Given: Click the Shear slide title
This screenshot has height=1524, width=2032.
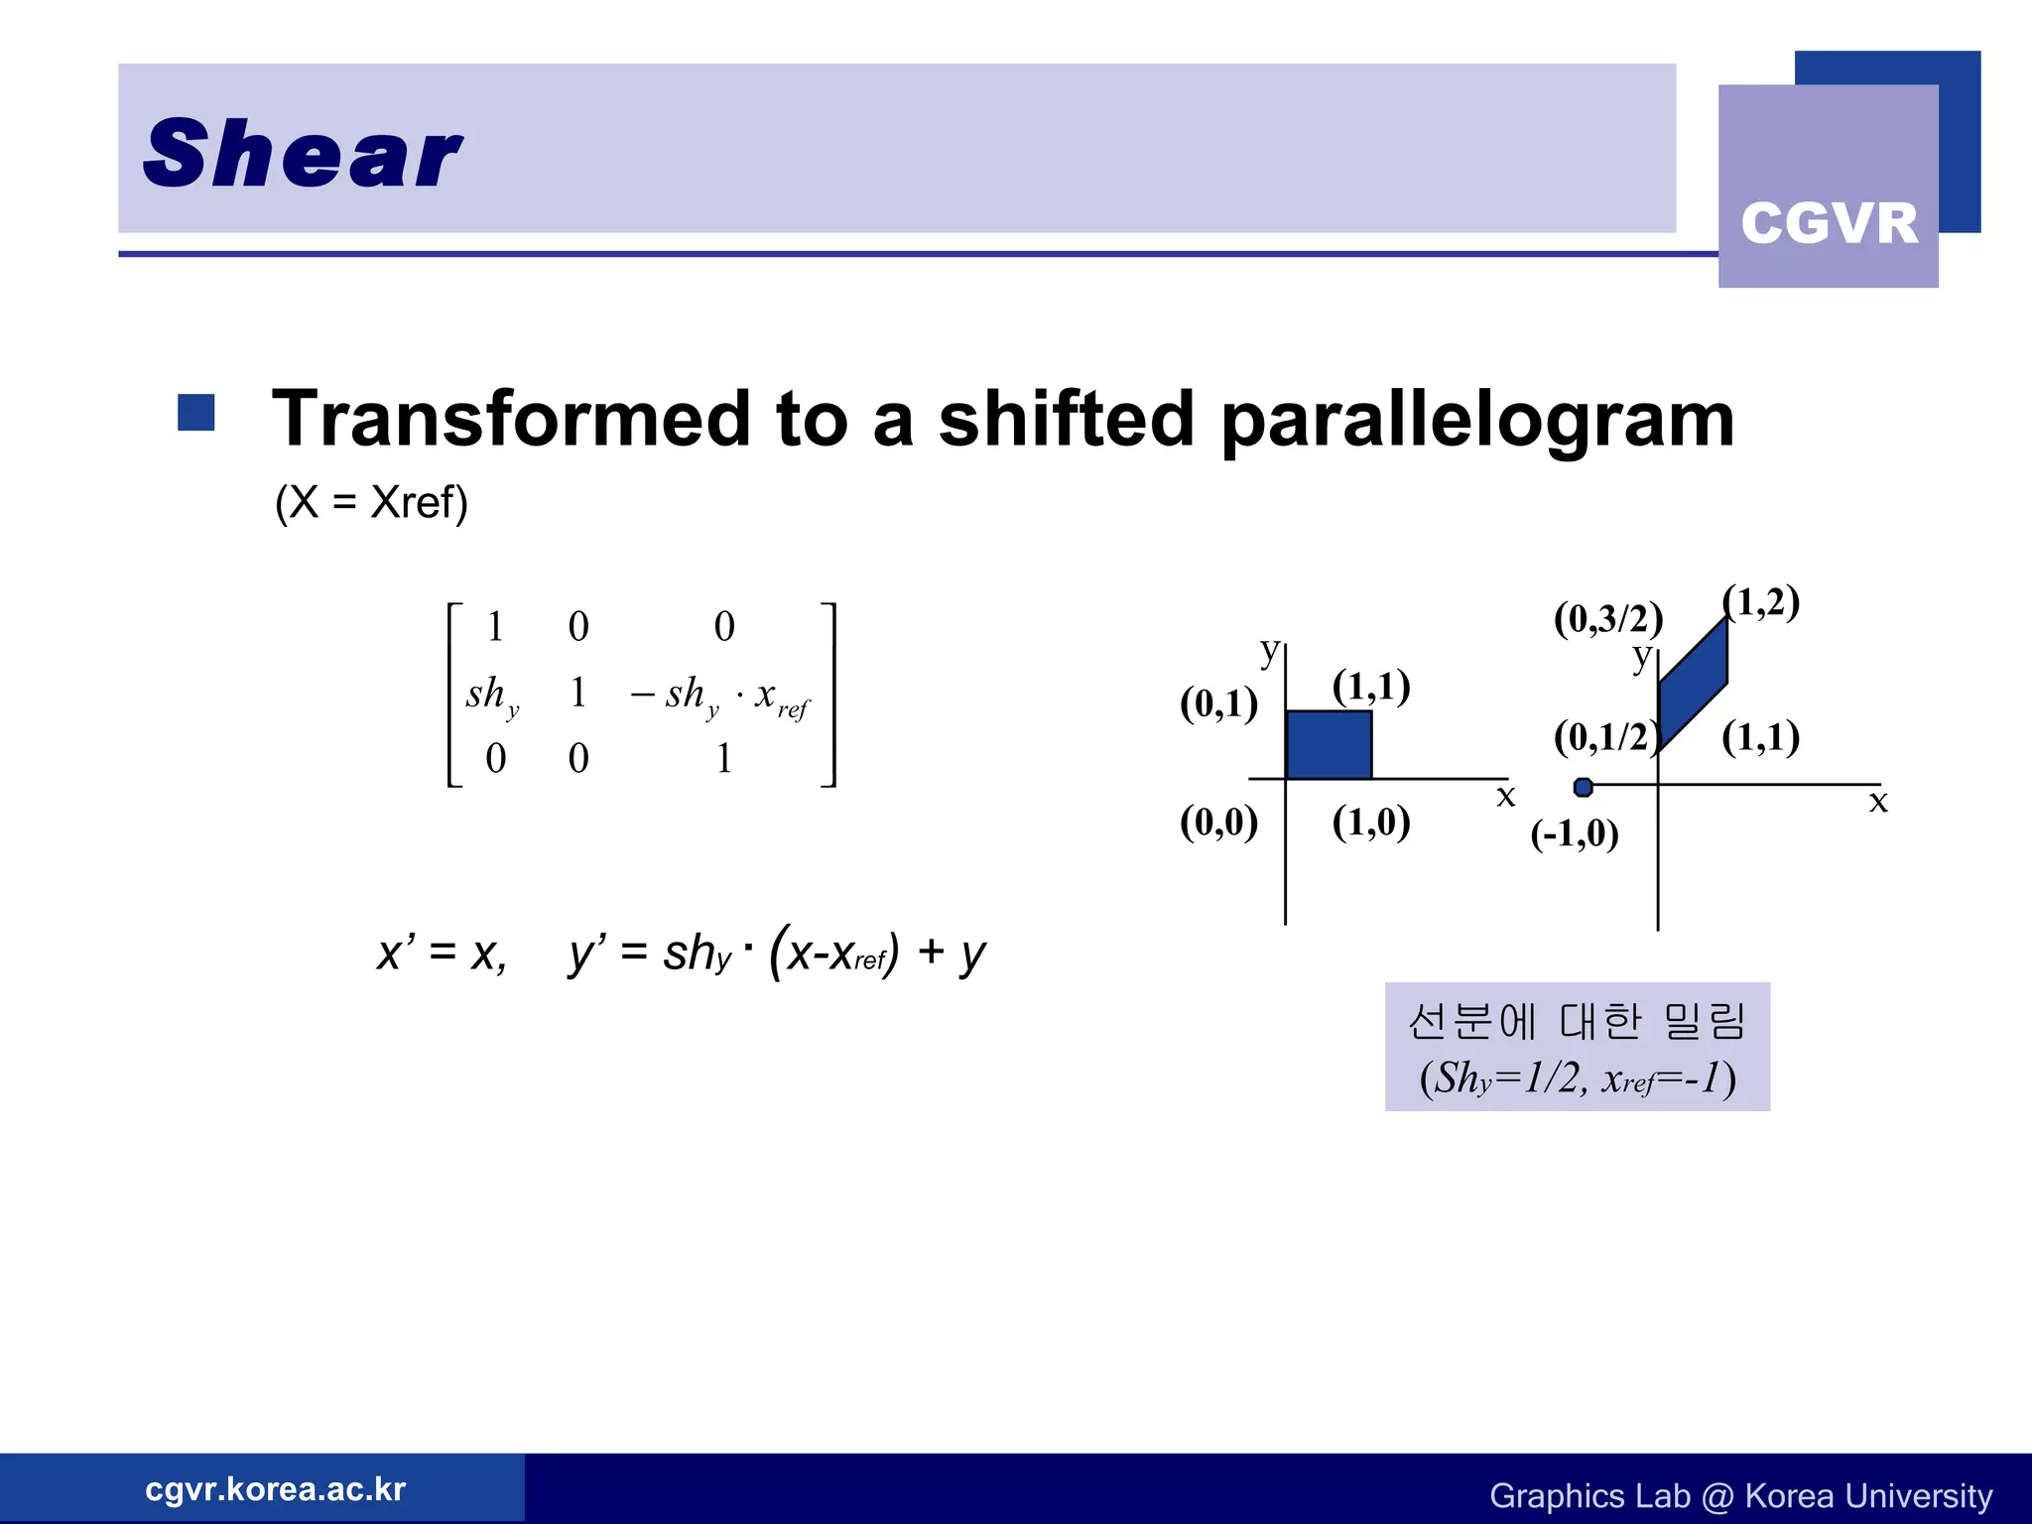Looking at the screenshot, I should pos(303,154).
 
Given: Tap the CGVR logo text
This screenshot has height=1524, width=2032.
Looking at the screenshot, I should pos(1829,223).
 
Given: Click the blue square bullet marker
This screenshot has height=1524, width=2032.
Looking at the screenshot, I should pos(196,413).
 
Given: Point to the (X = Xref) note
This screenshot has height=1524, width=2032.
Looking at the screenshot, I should pos(371,502).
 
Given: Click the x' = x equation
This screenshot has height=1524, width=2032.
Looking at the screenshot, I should pos(443,952).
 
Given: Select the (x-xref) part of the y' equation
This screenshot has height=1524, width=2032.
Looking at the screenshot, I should pos(833,952).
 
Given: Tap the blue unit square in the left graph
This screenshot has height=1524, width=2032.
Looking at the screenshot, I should pos(1329,744).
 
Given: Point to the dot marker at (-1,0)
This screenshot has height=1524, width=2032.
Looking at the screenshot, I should pos(1584,787).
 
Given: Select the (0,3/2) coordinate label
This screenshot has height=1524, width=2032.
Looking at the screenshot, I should pos(1607,618).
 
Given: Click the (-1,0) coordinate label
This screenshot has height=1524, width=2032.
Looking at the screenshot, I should pos(1575,833).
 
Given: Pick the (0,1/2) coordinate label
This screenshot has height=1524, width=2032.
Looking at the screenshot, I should pos(1604,737).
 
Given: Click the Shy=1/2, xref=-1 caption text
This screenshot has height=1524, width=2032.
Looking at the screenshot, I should pos(1578,1078).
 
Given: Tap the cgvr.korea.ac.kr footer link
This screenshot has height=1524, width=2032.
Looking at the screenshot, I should pos(275,1488).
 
